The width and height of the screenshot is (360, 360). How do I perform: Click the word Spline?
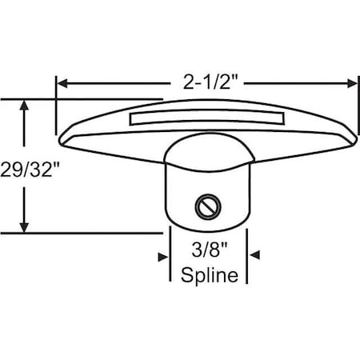click(210, 276)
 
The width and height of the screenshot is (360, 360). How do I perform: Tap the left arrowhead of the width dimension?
click(62, 82)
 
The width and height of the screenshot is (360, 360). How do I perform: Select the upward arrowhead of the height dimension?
click(26, 105)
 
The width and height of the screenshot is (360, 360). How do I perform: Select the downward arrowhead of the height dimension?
click(26, 226)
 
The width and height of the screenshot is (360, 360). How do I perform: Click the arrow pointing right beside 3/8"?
click(163, 255)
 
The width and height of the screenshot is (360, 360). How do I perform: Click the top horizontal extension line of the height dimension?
click(80, 99)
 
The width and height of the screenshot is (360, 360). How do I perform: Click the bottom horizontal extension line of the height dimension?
click(80, 232)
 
